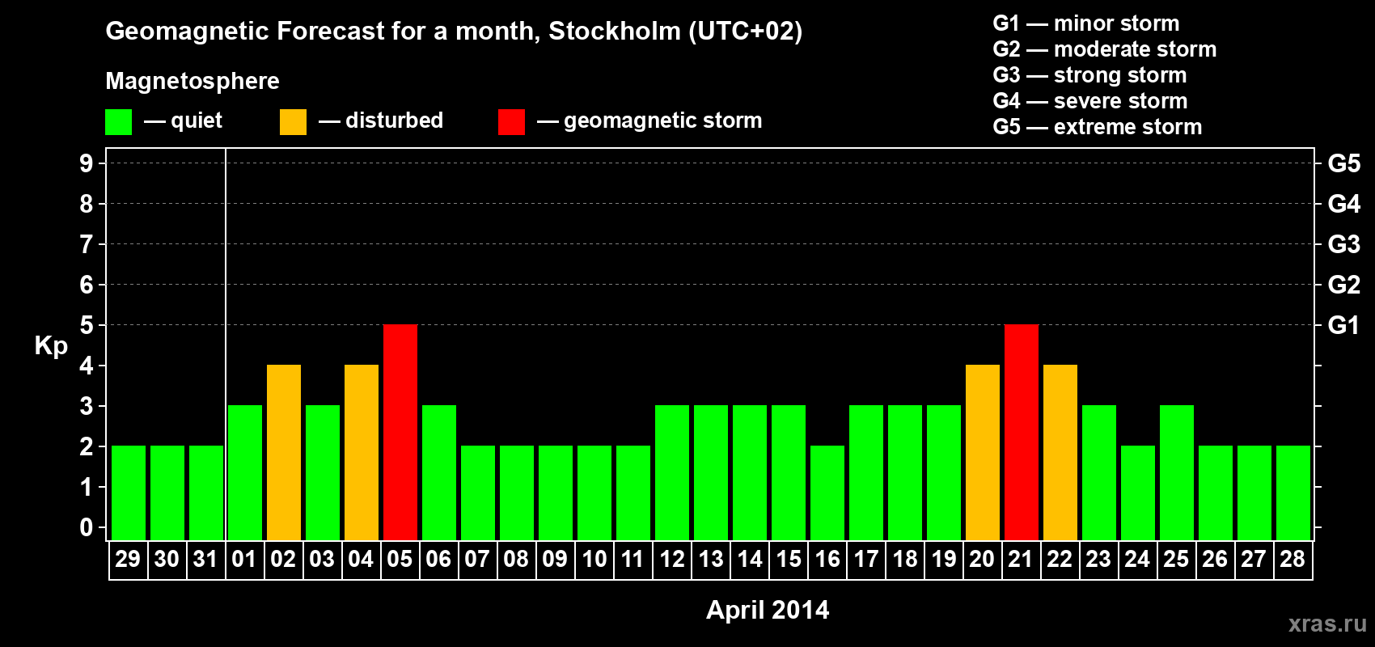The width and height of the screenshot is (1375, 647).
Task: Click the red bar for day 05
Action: [x=400, y=432]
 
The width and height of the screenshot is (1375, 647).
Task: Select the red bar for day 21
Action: [x=1021, y=432]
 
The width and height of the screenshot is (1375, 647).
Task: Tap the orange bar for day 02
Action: [x=283, y=452]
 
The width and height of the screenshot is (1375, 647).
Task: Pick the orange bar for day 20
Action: [x=982, y=452]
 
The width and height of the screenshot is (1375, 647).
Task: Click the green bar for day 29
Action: [x=128, y=493]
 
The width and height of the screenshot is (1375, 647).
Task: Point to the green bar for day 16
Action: [x=827, y=493]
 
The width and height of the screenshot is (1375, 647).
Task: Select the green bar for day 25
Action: [x=1176, y=472]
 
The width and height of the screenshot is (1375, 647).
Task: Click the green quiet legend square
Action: [x=118, y=122]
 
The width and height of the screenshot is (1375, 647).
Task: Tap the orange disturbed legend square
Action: [x=293, y=122]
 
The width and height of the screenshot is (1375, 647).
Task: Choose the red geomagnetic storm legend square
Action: [x=511, y=122]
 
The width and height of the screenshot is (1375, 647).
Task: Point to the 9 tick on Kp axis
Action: [x=87, y=163]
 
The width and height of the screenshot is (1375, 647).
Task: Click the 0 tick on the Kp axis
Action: [x=87, y=527]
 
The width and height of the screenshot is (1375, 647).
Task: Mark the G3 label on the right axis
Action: [x=1343, y=244]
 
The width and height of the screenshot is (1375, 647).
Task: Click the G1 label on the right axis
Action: [x=1343, y=325]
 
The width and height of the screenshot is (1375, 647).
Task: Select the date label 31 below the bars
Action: [x=205, y=559]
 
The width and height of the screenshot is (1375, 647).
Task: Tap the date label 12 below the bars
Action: [x=671, y=559]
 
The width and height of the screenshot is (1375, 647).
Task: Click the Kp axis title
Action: [x=51, y=346]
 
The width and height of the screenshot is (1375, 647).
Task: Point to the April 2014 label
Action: [x=768, y=610]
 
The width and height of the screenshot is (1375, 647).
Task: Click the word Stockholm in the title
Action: [x=615, y=32]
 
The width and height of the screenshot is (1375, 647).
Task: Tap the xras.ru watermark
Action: [x=1326, y=624]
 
